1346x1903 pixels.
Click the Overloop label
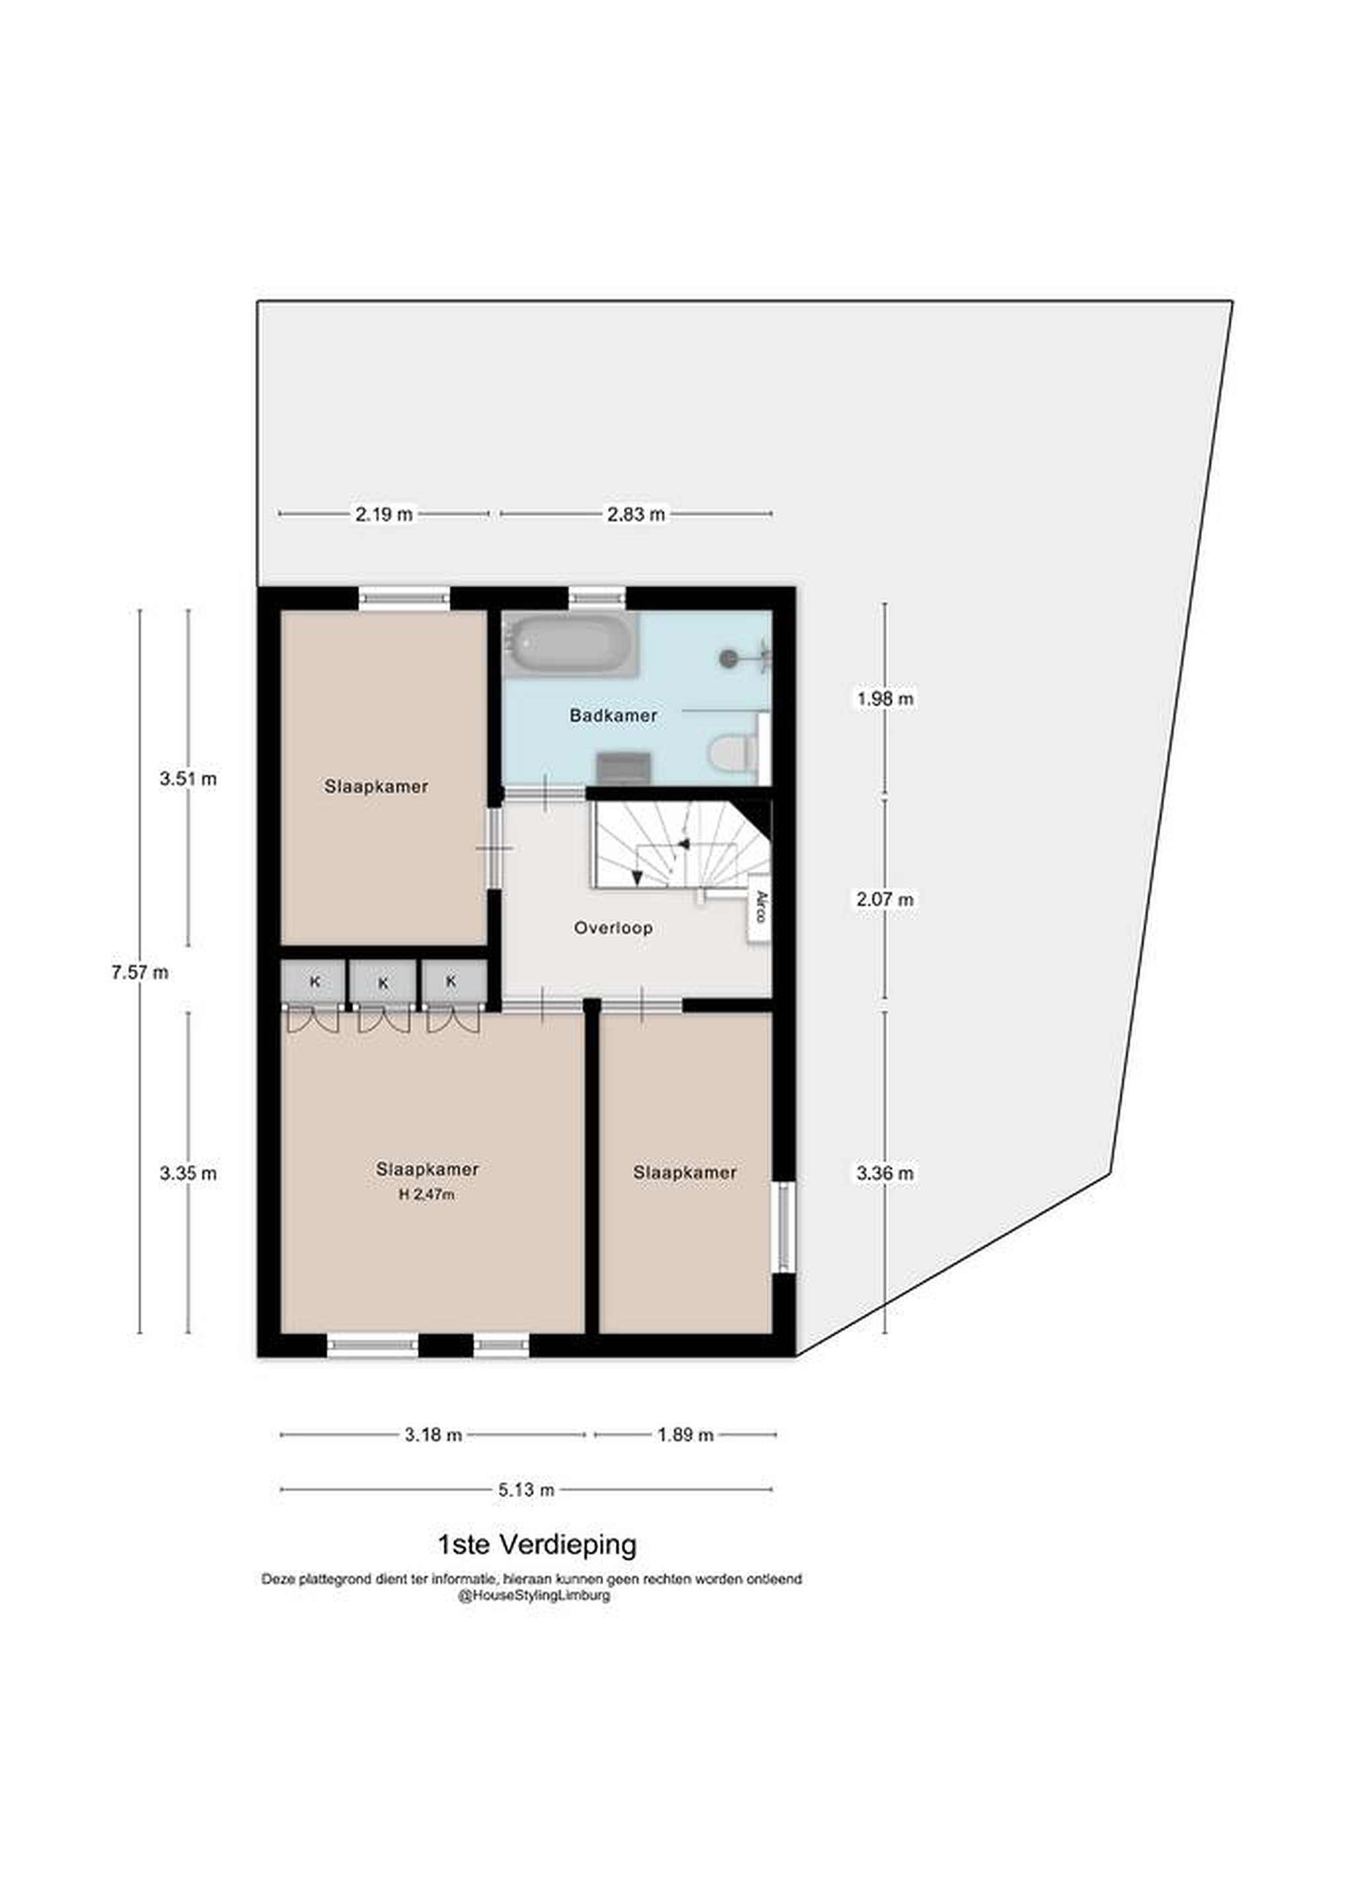pyautogui.click(x=613, y=928)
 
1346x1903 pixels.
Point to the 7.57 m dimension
pyautogui.click(x=140, y=972)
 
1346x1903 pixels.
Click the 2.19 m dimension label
pyautogui.click(x=384, y=514)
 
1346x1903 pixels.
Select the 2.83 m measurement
pyautogui.click(x=636, y=514)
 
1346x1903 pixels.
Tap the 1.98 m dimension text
pyautogui.click(x=885, y=698)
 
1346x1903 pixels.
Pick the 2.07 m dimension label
pyautogui.click(x=885, y=899)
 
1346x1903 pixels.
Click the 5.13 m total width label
pyautogui.click(x=526, y=1489)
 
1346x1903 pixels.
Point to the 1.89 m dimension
pyautogui.click(x=685, y=1435)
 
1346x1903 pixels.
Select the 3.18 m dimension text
pyautogui.click(x=433, y=1435)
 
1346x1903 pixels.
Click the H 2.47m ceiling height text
pyautogui.click(x=428, y=1195)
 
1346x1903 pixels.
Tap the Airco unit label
pyautogui.click(x=759, y=907)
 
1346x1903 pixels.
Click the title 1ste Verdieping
pyautogui.click(x=537, y=1544)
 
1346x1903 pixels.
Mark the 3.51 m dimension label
pyautogui.click(x=188, y=779)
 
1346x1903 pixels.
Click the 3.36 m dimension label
pyautogui.click(x=885, y=1173)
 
